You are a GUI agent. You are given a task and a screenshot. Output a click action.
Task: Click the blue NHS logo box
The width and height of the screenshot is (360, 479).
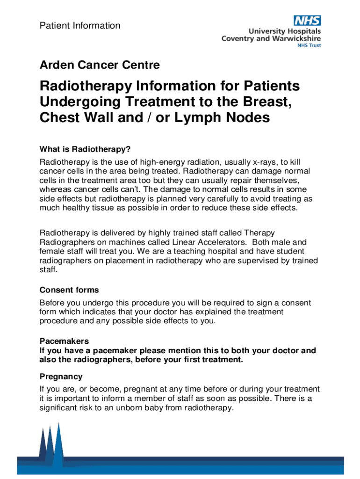click(x=307, y=21)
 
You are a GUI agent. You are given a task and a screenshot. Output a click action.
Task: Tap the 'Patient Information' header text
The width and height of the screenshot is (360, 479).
click(x=80, y=26)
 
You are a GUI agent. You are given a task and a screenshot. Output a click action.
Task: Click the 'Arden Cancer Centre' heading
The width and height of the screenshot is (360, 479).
click(x=100, y=65)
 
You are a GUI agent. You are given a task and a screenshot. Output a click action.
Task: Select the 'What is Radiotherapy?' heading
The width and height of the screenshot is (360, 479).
click(x=85, y=150)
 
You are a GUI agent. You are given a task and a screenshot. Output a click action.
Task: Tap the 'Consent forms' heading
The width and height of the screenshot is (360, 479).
click(x=69, y=290)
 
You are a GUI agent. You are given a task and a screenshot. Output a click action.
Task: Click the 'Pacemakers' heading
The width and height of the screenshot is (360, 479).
click(x=64, y=341)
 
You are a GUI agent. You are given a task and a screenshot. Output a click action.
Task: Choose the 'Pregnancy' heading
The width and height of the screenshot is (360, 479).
click(x=61, y=377)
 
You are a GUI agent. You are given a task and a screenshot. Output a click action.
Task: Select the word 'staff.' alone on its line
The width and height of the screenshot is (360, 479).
click(x=49, y=270)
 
